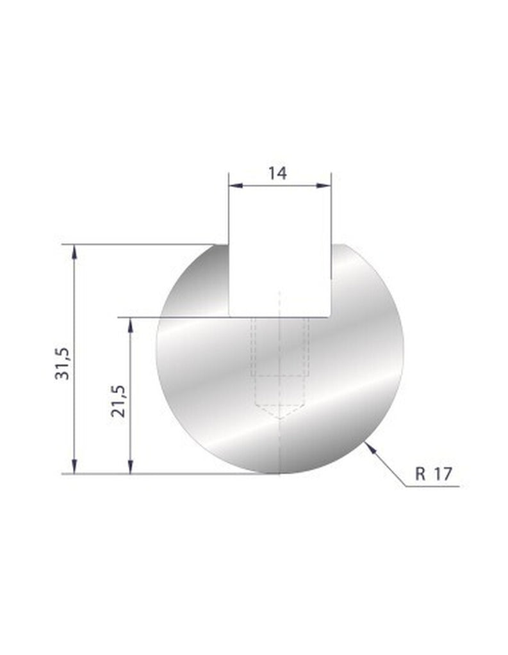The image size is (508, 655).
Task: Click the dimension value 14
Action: pos(278,173)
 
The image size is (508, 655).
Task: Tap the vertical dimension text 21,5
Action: pos(118,401)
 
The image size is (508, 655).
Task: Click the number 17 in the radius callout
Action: pos(443,474)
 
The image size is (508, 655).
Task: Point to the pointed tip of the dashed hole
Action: pos(280,419)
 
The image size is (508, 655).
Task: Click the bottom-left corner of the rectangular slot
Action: pos(229,316)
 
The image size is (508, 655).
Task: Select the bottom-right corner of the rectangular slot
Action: pos(331,316)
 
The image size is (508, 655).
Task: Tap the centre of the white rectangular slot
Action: pos(280,280)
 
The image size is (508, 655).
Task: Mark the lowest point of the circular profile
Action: pos(280,474)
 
